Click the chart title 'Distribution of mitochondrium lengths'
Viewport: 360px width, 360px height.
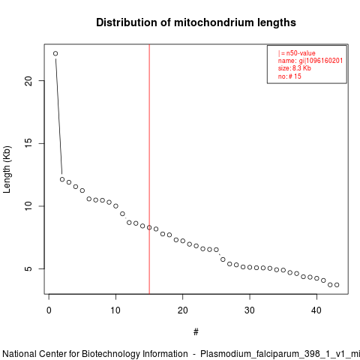(x=196, y=22)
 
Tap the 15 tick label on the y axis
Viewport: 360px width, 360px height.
(x=28, y=143)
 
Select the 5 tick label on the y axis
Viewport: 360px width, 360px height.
(x=28, y=268)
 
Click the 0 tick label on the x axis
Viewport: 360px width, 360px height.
(x=49, y=310)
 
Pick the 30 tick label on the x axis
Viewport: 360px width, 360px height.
(x=250, y=310)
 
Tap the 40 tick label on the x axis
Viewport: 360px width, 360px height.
(x=316, y=310)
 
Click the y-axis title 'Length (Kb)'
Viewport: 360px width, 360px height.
(x=7, y=169)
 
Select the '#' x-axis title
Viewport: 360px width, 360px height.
(x=196, y=332)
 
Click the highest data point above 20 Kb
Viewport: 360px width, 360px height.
(x=55, y=53)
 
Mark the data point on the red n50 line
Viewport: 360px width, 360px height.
(x=149, y=227)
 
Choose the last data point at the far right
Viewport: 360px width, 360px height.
(x=337, y=285)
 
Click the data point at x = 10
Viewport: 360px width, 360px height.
(x=115, y=206)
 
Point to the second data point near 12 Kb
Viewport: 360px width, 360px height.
(x=62, y=179)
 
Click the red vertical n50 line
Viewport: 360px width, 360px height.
(x=149, y=169)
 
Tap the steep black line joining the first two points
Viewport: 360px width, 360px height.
(x=58, y=116)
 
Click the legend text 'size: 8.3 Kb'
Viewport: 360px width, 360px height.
(x=295, y=68)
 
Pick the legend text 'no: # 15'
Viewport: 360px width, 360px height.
(x=289, y=76)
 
